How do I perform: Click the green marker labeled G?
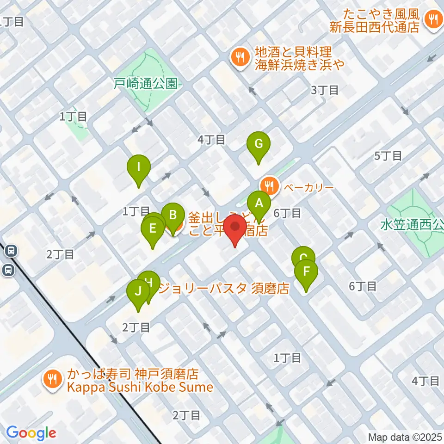click(259, 144)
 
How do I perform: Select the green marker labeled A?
click(259, 203)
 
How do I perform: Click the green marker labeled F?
click(306, 272)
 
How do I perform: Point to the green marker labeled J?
click(138, 292)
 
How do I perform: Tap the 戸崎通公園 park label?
click(145, 83)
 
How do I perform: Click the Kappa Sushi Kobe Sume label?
click(141, 387)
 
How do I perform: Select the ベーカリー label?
click(308, 187)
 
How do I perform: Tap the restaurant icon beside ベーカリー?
click(269, 186)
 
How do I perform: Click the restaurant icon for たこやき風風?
click(433, 19)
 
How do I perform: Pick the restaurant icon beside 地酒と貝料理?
click(239, 57)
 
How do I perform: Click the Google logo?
click(31, 433)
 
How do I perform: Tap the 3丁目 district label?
click(325, 90)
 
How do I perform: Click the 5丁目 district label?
click(388, 156)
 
